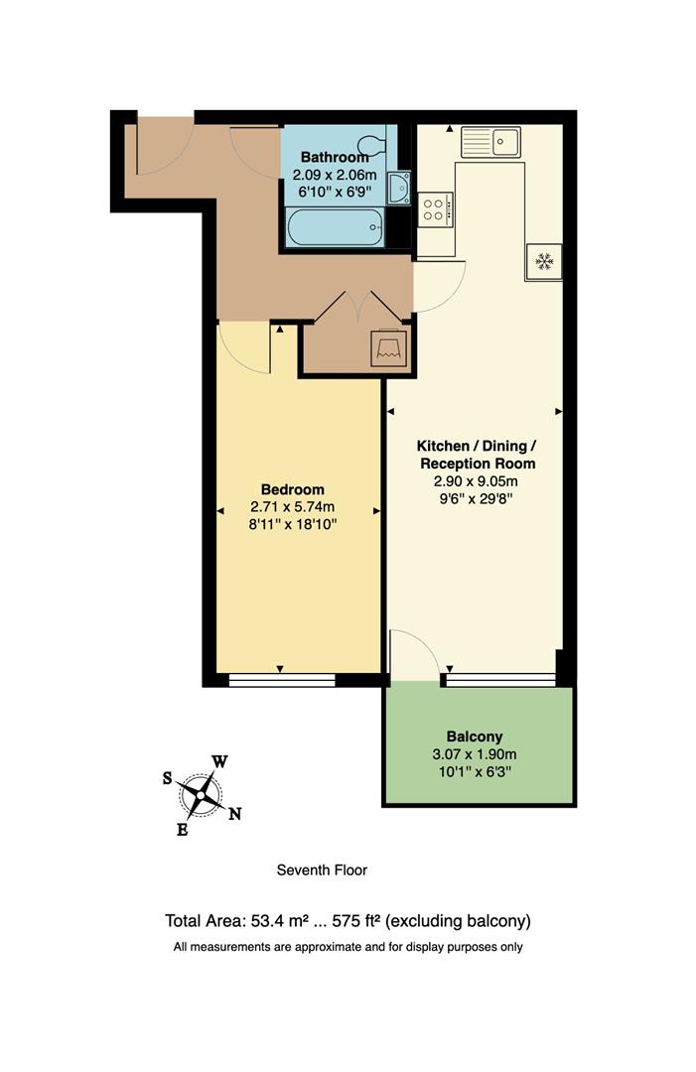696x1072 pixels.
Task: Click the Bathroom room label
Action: (335, 157)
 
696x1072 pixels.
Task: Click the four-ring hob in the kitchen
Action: (435, 209)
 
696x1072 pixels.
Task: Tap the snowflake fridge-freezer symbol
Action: (543, 262)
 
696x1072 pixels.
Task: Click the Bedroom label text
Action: (293, 489)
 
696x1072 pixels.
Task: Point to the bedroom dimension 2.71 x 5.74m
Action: (293, 507)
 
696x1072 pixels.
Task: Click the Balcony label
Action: (475, 737)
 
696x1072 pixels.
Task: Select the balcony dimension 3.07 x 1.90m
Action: (475, 753)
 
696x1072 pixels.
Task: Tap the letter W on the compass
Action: (219, 762)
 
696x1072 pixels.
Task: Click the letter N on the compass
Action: (235, 815)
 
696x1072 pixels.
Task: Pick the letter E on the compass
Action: (182, 830)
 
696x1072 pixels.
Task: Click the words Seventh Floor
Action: (322, 871)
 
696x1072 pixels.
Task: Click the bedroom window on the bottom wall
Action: (281, 681)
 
